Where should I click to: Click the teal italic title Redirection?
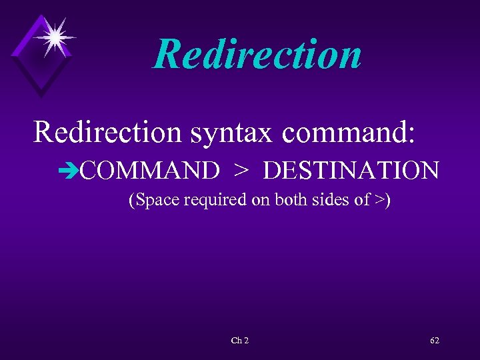(x=257, y=55)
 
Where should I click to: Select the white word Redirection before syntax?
(x=107, y=131)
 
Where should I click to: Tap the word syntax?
(x=230, y=133)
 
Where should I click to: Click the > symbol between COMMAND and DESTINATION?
(x=241, y=171)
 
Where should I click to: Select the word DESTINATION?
(x=351, y=171)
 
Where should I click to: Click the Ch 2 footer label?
(x=239, y=341)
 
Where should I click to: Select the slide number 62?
(x=435, y=341)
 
